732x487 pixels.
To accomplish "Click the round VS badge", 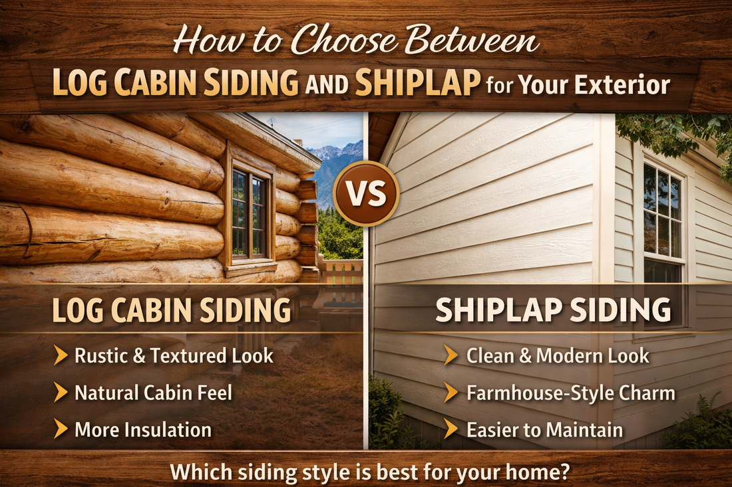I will (366, 195).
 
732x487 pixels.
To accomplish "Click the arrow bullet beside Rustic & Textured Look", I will (61, 356).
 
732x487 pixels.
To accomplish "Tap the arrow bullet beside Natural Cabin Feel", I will (61, 393).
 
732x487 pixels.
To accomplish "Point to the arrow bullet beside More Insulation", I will (61, 429).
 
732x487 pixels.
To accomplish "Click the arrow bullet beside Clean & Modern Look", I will (451, 356).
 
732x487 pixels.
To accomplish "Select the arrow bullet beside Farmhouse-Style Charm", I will (451, 393).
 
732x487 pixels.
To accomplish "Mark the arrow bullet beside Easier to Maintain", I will (451, 429).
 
